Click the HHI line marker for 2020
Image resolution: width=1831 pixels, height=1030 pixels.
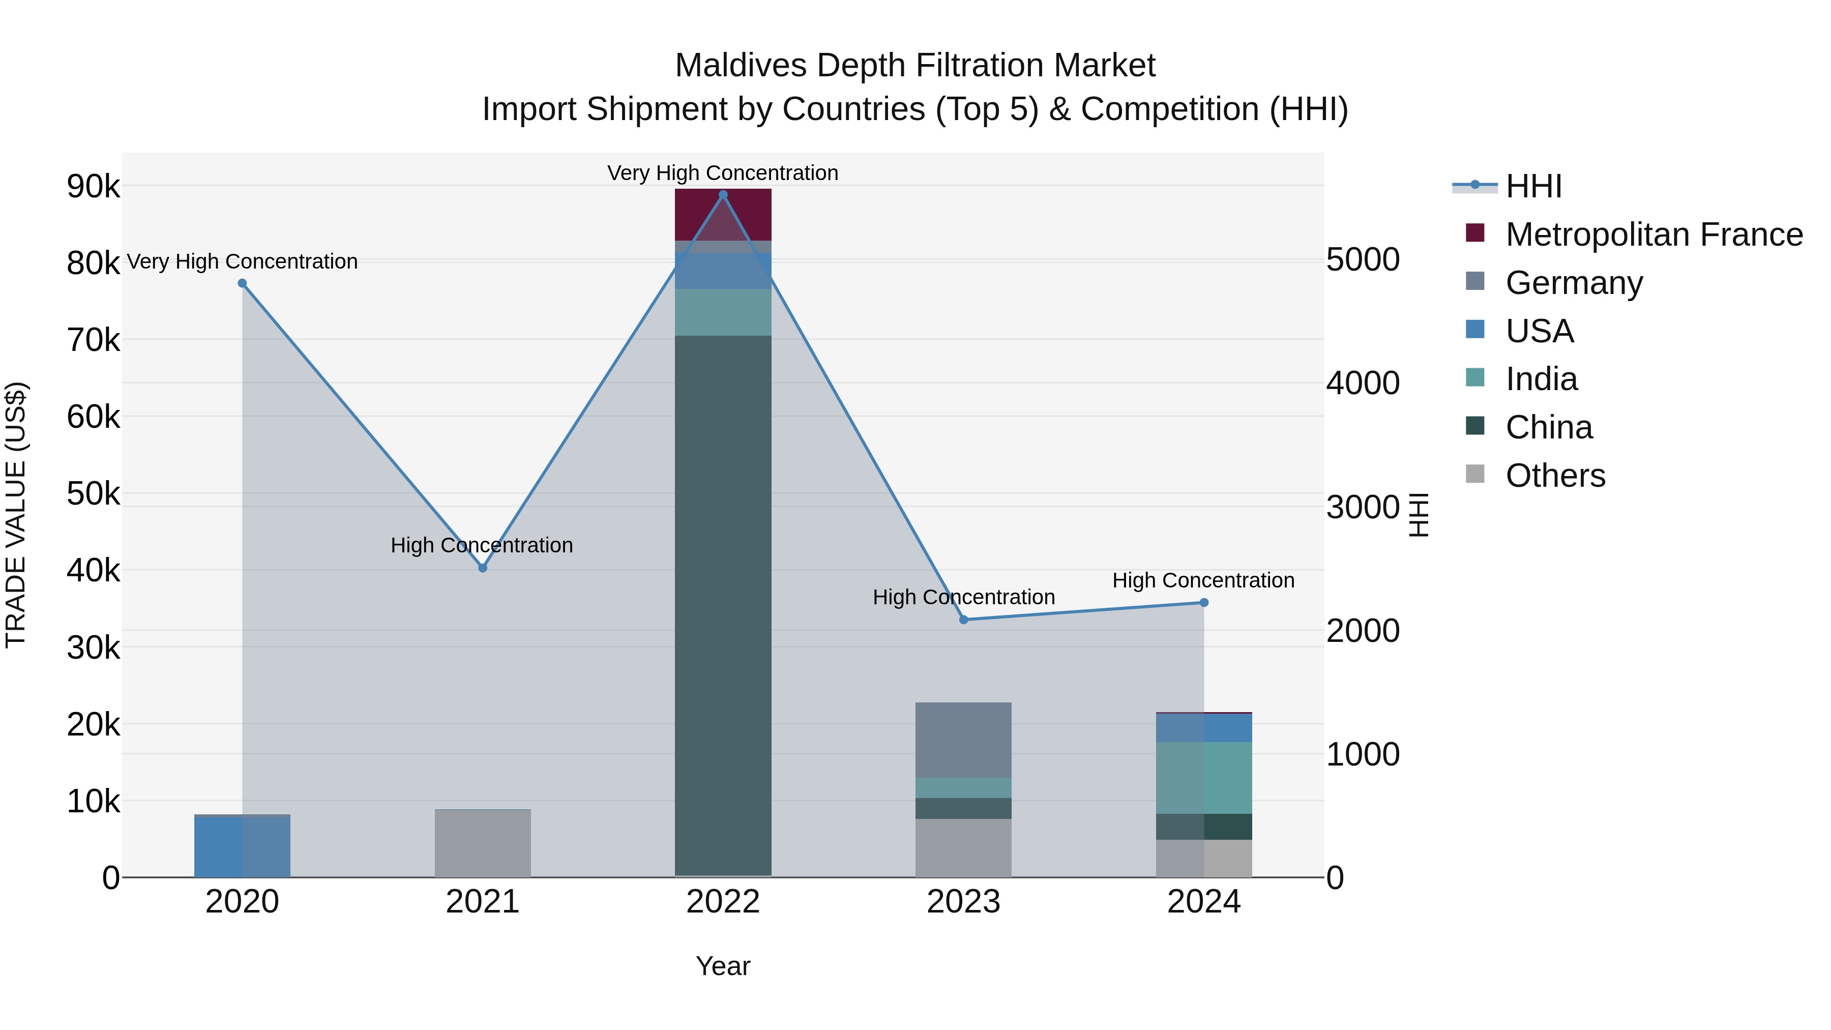coord(243,283)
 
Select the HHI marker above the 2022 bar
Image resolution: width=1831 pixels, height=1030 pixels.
coord(723,195)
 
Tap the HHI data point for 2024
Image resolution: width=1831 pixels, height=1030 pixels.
coord(1203,602)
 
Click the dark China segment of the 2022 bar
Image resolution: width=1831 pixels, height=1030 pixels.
coord(723,604)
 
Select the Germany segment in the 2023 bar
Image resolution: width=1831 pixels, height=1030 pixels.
coord(963,739)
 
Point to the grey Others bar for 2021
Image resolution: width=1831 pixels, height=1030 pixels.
coord(483,843)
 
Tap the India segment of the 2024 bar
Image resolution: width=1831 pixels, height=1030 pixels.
coord(1203,778)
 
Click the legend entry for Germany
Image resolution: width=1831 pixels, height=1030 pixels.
coord(1574,283)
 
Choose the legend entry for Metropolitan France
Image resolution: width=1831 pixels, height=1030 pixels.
coord(1653,234)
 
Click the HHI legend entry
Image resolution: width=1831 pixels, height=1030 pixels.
coord(1533,186)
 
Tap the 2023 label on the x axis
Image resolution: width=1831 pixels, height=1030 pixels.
coord(963,902)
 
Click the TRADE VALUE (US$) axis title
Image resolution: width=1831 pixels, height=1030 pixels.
coord(16,515)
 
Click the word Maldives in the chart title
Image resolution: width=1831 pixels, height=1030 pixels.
coord(739,66)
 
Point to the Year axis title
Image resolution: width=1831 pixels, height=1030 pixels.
coord(723,966)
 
